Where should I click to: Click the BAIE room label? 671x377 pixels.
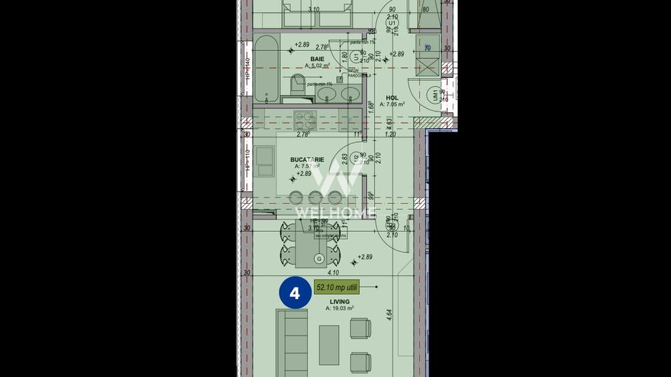317,58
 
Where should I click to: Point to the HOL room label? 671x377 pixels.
392,97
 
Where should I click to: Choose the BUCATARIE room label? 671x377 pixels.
308,160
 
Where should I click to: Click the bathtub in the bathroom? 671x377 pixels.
265,70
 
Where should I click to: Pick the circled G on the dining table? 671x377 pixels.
319,258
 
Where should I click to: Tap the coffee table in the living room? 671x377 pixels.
329,345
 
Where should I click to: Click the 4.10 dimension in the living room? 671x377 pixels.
333,272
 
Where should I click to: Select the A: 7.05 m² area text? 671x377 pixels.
392,104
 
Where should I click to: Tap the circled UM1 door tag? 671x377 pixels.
434,94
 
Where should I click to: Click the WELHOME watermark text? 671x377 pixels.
335,212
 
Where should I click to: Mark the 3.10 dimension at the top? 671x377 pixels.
313,9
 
